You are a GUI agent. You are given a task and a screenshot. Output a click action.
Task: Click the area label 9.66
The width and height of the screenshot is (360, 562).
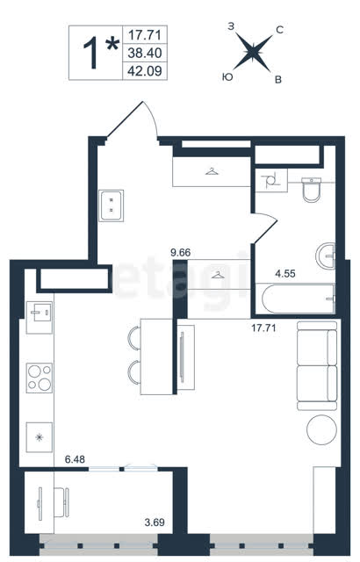pos(181,253)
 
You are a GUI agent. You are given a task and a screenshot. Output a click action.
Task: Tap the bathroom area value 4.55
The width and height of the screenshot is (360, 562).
pos(285,274)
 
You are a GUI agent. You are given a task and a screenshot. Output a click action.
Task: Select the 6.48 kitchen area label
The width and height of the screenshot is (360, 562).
pos(75,459)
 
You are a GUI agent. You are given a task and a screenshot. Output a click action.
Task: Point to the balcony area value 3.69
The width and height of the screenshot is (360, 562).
pos(155,522)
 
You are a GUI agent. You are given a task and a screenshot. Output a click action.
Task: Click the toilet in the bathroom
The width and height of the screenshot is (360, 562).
pos(312,190)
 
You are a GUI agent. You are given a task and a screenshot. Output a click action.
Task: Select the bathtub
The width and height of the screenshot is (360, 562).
pos(299,299)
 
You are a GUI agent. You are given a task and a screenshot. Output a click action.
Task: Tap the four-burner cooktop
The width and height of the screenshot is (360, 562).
pos(40,378)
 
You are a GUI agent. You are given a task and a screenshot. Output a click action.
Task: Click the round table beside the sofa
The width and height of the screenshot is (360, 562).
pos(322,430)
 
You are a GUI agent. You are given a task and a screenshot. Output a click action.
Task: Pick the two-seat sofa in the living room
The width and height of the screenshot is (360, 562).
pos(317,365)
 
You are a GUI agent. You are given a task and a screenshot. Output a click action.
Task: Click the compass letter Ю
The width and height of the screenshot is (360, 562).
pos(227,76)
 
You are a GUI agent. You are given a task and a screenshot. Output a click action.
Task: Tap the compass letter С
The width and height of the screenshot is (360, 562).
pos(280,31)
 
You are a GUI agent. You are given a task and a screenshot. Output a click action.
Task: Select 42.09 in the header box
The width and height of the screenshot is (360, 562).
pos(145,71)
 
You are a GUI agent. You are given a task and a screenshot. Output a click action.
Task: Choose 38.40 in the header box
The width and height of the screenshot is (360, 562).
pos(145,53)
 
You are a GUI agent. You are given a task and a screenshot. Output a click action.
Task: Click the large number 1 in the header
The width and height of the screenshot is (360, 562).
pos(91,54)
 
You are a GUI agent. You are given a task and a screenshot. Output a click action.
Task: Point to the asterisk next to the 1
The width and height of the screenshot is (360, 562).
pos(112,44)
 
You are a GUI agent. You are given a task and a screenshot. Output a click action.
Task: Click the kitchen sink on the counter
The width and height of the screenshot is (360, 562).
pos(40,313)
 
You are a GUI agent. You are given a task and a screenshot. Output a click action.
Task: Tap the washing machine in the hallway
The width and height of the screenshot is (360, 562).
pos(111,205)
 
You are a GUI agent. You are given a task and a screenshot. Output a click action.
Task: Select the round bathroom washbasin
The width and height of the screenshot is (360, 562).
pos(326,256)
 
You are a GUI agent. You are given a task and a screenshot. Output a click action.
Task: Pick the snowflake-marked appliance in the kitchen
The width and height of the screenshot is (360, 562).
pos(40,437)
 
